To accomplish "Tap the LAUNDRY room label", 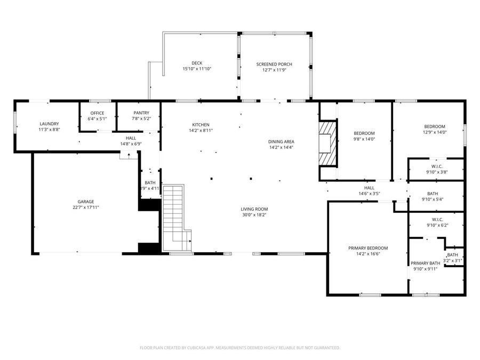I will [49, 124].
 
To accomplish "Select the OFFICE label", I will [97, 113].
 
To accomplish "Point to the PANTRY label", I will [141, 113].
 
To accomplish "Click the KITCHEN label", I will [201, 124].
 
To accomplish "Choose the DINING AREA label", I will [281, 141].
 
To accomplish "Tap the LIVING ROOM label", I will [254, 209].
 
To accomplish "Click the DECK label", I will [197, 63].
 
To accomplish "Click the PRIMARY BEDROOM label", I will [368, 248].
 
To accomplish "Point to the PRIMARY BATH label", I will [425, 263].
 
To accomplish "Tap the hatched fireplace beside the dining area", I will [327, 143].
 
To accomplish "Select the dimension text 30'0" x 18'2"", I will [254, 215].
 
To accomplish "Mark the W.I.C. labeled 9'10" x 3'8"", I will [436, 169].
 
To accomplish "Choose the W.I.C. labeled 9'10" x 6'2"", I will [436, 222].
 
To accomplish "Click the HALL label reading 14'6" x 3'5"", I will [369, 190].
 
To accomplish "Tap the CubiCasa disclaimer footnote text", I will [239, 348].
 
